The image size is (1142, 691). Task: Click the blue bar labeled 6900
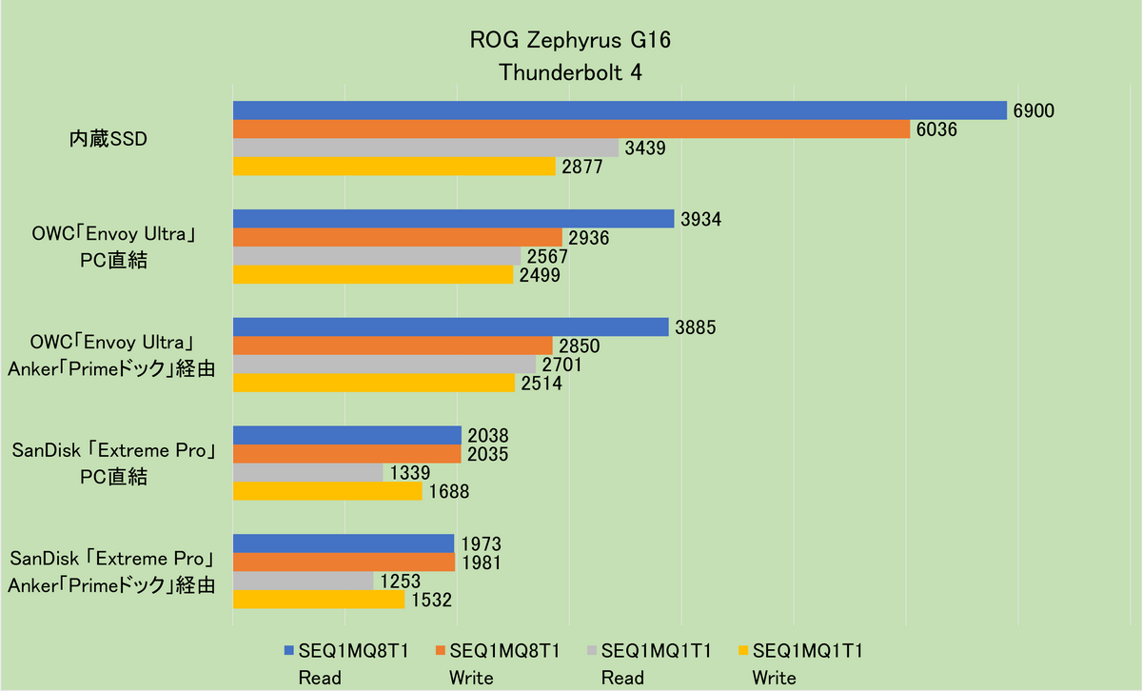(620, 110)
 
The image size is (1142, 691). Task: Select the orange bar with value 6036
(571, 129)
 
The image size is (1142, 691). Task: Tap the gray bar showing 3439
(425, 148)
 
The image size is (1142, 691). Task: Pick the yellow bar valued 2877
(394, 167)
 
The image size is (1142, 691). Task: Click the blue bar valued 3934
(453, 219)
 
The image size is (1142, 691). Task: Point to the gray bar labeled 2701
(384, 365)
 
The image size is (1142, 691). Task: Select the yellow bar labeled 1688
(327, 491)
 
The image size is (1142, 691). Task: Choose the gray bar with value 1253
(303, 581)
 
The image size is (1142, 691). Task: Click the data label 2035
(488, 455)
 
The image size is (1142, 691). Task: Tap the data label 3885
(696, 327)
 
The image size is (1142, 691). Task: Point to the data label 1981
(482, 563)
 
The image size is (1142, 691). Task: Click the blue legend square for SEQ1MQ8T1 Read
(289, 652)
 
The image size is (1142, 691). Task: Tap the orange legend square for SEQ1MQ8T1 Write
(440, 652)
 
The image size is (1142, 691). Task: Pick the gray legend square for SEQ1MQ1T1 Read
(592, 652)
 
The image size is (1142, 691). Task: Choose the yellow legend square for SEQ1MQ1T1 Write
(742, 652)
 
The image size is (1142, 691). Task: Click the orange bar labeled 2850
(393, 345)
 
